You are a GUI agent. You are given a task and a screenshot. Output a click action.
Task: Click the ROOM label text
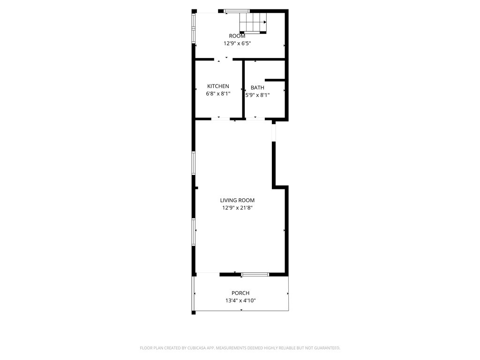coord(237,36)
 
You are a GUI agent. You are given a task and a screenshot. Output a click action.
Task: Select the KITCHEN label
coord(218,86)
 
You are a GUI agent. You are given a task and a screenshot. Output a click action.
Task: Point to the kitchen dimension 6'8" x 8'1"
coord(218,94)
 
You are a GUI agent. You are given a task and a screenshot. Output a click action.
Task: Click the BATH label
coord(257,88)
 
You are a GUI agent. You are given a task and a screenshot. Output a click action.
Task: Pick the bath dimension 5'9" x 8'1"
coord(258,95)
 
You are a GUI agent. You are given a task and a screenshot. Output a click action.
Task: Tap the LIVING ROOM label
coord(237,200)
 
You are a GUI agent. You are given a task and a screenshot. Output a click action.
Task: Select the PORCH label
coord(240,293)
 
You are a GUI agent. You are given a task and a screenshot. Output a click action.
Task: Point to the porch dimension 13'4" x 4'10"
coord(240,300)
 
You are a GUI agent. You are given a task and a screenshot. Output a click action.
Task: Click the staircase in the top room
coord(253,22)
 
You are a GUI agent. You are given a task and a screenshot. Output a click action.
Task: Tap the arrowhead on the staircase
coord(265,22)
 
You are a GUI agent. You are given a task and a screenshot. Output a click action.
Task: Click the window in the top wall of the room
coord(236,11)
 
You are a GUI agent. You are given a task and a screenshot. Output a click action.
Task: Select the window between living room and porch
coord(255,274)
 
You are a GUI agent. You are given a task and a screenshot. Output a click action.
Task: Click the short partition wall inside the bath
coord(275,80)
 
